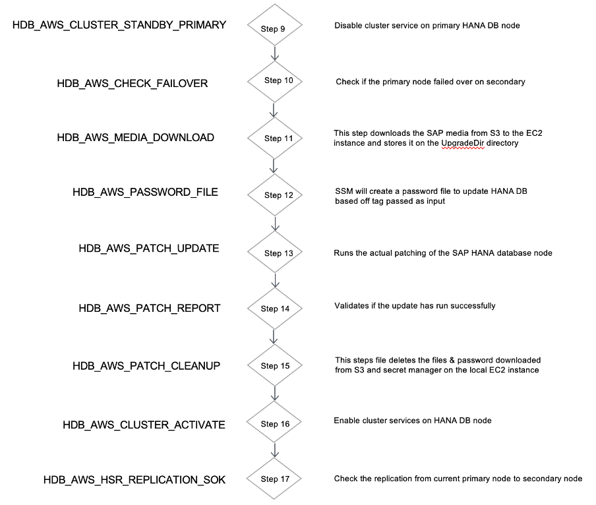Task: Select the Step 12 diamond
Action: coord(274,195)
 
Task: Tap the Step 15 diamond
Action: coord(274,365)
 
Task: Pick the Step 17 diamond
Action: coord(274,479)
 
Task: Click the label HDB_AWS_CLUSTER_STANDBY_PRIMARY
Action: coord(119,25)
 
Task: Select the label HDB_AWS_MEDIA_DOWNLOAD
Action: coord(135,138)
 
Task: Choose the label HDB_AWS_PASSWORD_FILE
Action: coord(145,192)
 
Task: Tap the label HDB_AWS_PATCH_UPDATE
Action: coord(148,249)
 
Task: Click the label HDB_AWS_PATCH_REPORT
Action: coord(149,308)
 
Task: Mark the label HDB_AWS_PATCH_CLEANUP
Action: coord(146,365)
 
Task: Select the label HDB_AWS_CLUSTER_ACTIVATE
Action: coord(144,424)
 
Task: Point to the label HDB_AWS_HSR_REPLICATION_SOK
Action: coord(134,479)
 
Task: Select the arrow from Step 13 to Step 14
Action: coord(274,281)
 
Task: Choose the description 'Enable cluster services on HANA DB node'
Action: coord(413,420)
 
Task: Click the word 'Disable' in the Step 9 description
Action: coord(347,26)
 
